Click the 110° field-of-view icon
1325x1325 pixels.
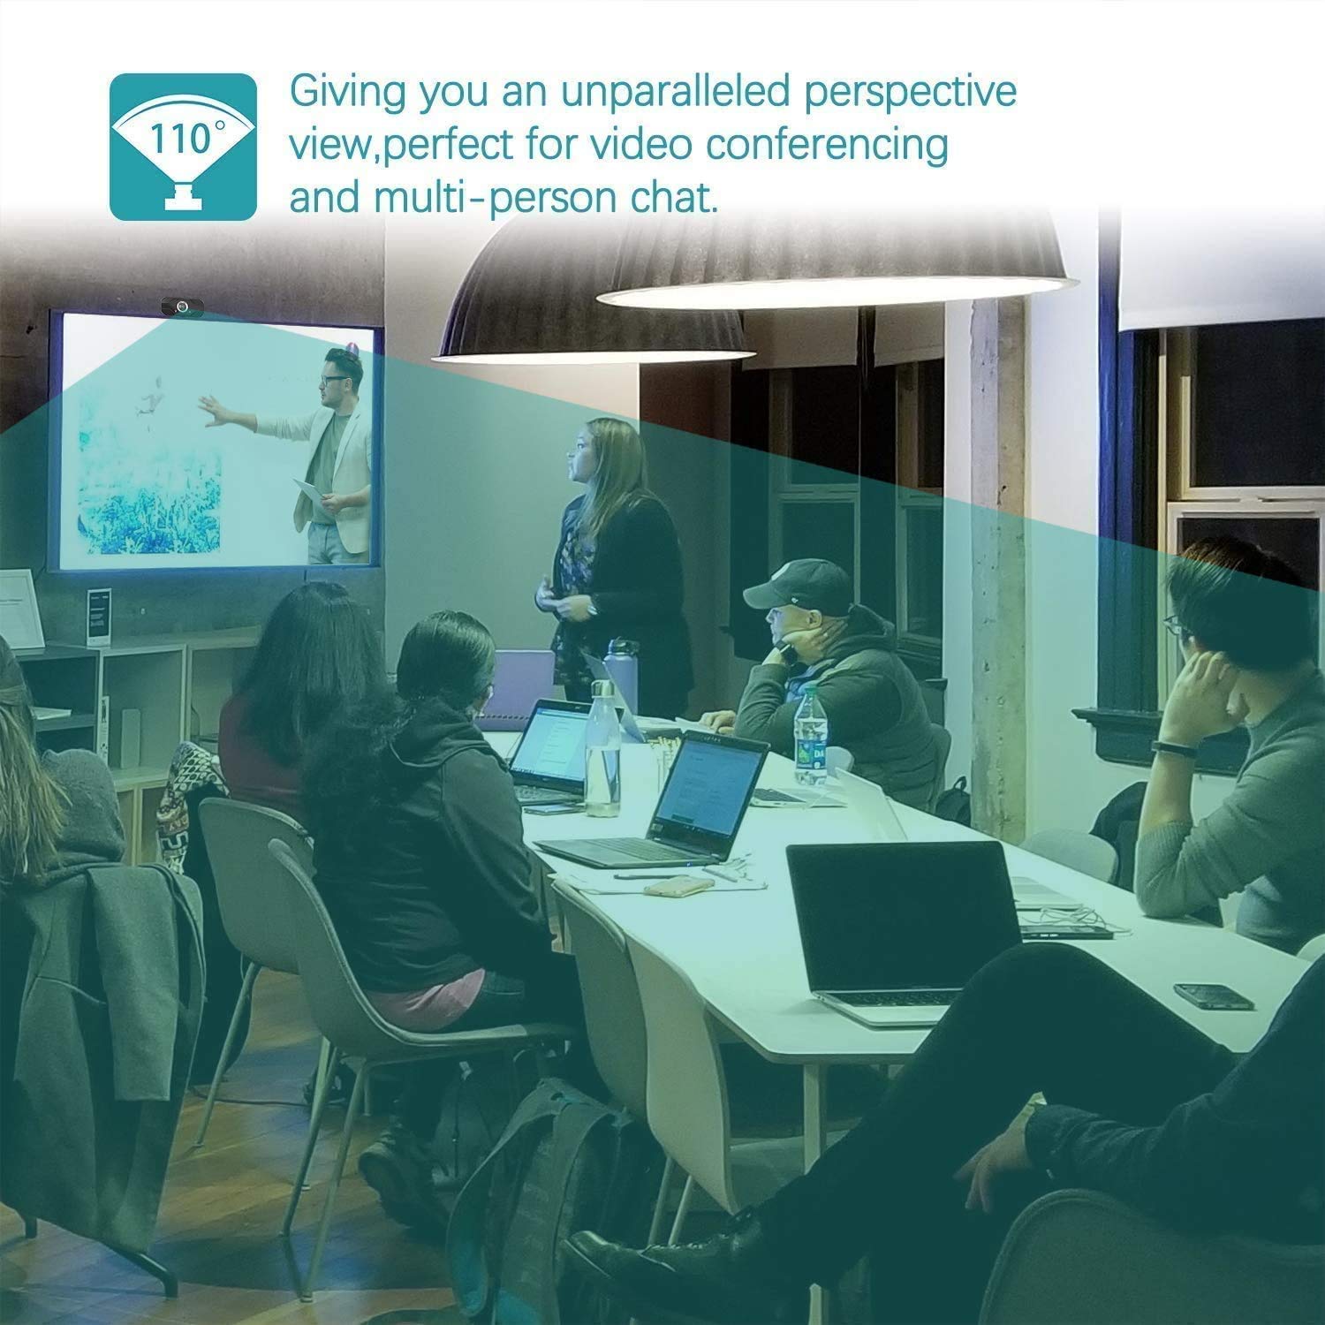(x=183, y=146)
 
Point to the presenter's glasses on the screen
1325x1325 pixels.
(x=333, y=380)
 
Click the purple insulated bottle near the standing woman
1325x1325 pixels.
(x=620, y=673)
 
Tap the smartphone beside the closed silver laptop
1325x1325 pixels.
(x=1214, y=996)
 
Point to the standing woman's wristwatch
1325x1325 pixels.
(x=593, y=608)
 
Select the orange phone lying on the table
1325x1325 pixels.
(x=678, y=887)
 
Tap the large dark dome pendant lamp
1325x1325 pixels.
(x=594, y=296)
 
